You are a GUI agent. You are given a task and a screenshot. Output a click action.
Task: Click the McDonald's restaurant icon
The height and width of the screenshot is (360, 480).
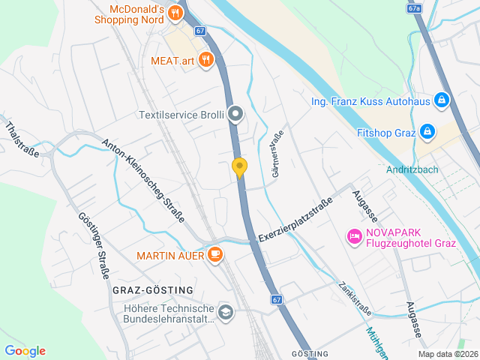coord(175,13)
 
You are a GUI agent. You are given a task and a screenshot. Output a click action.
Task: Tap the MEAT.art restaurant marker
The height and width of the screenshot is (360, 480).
coord(205,61)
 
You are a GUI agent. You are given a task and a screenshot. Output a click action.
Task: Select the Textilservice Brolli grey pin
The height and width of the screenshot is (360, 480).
coord(235,115)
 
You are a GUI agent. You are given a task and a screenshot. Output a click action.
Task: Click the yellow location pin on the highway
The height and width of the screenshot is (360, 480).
coord(240,167)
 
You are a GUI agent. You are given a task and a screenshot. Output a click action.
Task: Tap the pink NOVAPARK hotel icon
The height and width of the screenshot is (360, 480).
coord(353,237)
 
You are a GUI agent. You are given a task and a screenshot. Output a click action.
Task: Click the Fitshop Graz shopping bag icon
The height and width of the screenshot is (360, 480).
coord(427,133)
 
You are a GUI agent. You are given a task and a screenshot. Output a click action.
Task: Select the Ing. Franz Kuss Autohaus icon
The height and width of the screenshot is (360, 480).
coord(442,100)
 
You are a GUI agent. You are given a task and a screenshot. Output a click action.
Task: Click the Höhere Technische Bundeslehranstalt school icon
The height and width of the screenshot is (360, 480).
coord(225,312)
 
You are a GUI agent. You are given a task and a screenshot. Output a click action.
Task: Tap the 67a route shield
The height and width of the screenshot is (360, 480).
coord(415,7)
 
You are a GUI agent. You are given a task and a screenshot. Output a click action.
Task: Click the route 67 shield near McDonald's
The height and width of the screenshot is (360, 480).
coord(199,31)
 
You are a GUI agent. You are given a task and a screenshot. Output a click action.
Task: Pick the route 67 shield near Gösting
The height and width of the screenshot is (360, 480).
coord(277,299)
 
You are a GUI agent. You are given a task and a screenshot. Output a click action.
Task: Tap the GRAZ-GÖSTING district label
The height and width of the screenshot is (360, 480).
coord(152,289)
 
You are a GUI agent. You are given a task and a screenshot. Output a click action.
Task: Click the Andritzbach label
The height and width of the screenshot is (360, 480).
coord(412,169)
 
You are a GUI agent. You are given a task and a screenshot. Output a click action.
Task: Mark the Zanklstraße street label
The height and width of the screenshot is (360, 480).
coord(355,298)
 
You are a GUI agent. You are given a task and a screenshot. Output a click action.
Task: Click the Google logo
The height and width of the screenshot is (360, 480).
coord(25,351)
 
